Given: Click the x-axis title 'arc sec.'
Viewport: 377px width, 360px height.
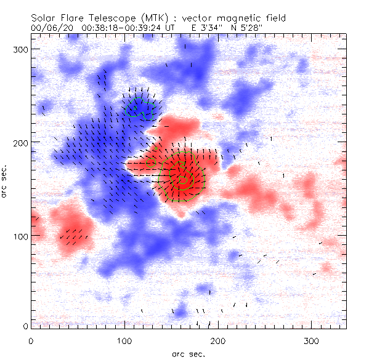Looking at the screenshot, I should tap(189, 353).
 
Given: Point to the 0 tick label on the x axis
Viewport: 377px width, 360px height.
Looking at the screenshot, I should tap(31, 340).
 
